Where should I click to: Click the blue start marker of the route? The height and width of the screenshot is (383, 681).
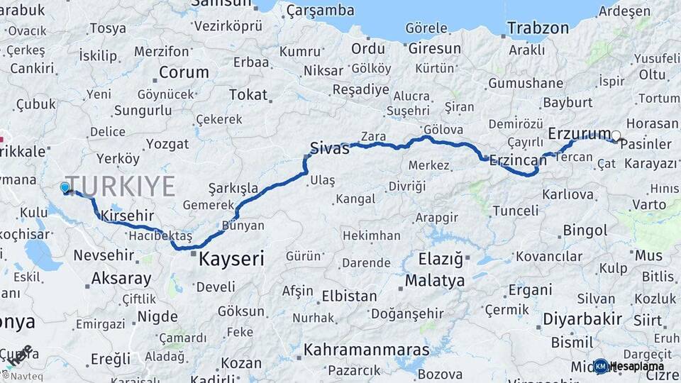[65, 187]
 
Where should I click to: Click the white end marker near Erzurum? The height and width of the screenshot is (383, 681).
[616, 135]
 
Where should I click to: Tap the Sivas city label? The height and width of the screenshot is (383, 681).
[331, 149]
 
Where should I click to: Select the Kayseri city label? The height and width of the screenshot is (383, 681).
[231, 259]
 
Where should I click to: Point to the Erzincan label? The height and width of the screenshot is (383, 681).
[518, 160]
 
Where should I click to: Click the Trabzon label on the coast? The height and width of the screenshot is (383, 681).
[538, 28]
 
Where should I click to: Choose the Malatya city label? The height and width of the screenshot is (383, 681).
[435, 281]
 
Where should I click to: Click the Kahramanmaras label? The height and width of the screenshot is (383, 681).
[367, 350]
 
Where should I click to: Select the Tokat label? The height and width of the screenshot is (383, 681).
[248, 94]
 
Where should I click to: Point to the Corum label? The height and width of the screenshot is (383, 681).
[184, 72]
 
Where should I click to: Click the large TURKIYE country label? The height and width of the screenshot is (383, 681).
[121, 186]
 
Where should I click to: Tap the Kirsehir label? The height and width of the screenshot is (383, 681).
[128, 214]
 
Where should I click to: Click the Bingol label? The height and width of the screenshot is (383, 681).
[585, 231]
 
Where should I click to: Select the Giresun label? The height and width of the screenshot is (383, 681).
[434, 50]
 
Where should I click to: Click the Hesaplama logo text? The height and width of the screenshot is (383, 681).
[637, 366]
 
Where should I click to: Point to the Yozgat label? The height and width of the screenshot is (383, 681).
[167, 144]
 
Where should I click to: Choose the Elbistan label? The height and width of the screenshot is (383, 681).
[348, 296]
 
